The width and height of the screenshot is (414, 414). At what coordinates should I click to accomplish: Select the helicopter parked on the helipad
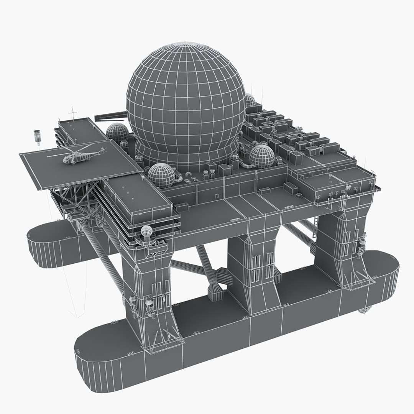(x=75, y=156)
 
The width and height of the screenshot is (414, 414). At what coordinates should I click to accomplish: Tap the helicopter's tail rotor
(x=102, y=151)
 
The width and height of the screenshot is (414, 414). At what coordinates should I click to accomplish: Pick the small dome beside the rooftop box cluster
(x=262, y=155)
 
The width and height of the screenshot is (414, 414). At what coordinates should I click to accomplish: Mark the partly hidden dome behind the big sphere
(x=250, y=100)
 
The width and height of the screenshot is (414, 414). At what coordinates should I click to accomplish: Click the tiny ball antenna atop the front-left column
(x=146, y=231)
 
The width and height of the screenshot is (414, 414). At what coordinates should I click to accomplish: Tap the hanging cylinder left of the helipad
(x=37, y=135)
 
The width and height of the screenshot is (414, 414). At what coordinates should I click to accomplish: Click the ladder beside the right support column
(x=316, y=224)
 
